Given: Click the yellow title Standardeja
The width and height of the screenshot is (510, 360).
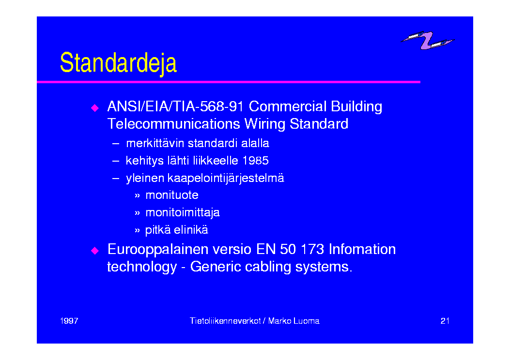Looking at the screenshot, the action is pyautogui.click(x=118, y=63).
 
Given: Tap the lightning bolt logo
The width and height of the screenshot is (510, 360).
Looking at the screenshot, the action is pyautogui.click(x=427, y=40).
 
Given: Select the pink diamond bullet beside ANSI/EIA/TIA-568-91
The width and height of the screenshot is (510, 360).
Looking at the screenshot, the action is pyautogui.click(x=95, y=107).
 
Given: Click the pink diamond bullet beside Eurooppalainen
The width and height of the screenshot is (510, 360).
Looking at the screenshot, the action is pyautogui.click(x=95, y=250).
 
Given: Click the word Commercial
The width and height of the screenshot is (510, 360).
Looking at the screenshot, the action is pyautogui.click(x=288, y=106).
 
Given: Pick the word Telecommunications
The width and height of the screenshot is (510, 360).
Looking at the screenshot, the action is pyautogui.click(x=174, y=124).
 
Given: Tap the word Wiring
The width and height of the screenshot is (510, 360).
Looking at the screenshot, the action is pyautogui.click(x=265, y=124).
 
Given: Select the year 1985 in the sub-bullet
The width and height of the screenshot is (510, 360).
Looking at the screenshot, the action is pyautogui.click(x=256, y=161).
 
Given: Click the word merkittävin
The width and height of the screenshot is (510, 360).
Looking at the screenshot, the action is pyautogui.click(x=155, y=143).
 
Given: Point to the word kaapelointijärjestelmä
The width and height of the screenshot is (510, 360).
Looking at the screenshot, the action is pyautogui.click(x=226, y=179).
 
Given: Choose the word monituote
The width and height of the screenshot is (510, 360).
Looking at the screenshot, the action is pyautogui.click(x=172, y=195).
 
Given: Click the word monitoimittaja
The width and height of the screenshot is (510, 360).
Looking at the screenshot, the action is pyautogui.click(x=183, y=213).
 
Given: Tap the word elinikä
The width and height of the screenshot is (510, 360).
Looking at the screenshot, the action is pyautogui.click(x=191, y=230).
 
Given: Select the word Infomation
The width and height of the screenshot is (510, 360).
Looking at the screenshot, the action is pyautogui.click(x=362, y=249).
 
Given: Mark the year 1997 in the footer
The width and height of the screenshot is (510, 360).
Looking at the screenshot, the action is pyautogui.click(x=69, y=321).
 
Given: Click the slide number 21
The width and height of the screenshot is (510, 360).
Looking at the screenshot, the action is pyautogui.click(x=445, y=321).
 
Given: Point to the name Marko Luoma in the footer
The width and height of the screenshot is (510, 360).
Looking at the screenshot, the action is pyautogui.click(x=294, y=321).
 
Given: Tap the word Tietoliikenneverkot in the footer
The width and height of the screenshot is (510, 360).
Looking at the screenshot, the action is pyautogui.click(x=225, y=321).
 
